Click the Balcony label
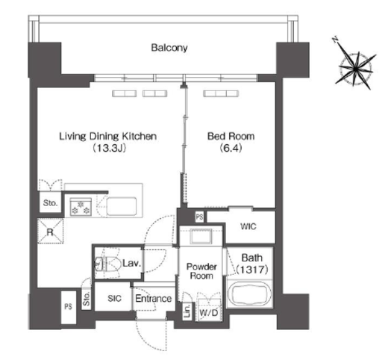(169, 48)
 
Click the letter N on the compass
(336, 40)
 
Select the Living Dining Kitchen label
(107, 136)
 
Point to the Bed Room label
(231, 136)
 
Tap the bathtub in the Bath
(250, 294)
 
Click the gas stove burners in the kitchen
(81, 208)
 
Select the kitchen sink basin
(122, 206)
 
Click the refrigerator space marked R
(50, 232)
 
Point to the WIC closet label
(248, 226)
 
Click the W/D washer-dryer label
(209, 313)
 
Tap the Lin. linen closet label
(187, 311)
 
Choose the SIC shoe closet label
(115, 298)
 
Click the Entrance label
(154, 298)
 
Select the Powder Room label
(201, 271)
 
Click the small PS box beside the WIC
(199, 217)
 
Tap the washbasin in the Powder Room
(201, 236)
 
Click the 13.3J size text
(109, 148)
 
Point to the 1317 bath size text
(252, 270)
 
